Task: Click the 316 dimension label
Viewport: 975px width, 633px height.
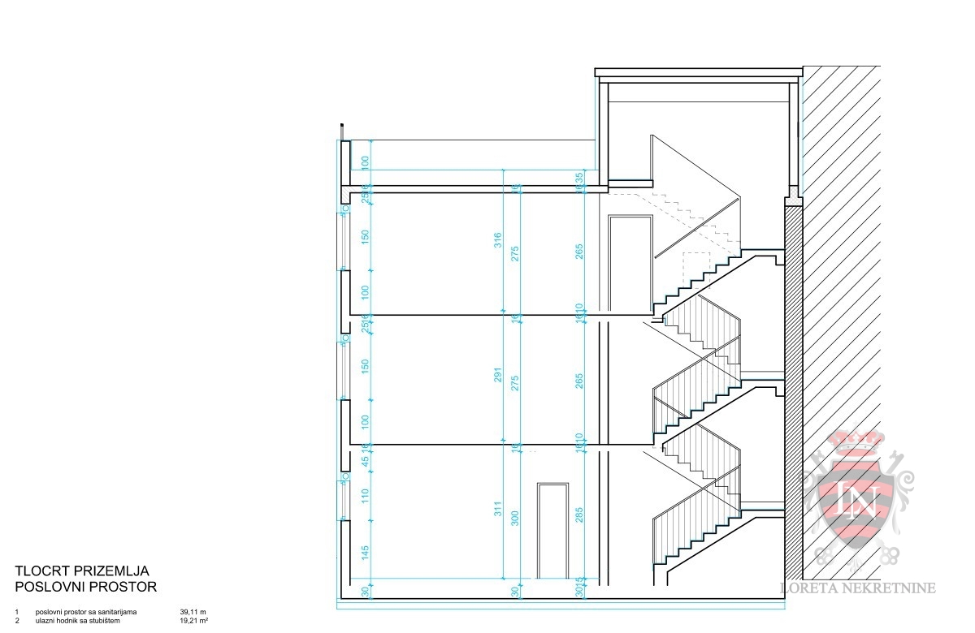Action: (x=498, y=242)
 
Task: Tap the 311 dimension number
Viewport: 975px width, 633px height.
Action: (x=498, y=510)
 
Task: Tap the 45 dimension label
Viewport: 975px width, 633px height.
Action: (x=366, y=459)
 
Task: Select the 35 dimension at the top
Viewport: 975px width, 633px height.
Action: (x=579, y=177)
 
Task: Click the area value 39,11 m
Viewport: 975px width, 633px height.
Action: (x=193, y=611)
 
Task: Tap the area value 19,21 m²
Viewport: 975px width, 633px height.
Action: (x=193, y=622)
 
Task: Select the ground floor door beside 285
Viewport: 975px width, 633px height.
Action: (x=553, y=531)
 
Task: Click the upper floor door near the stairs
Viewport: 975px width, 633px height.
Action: (x=630, y=264)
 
